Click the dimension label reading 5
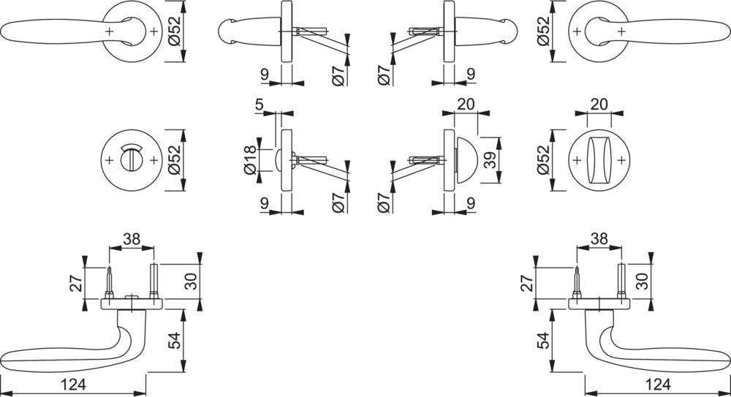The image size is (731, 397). click(x=260, y=104)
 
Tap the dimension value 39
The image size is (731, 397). click(x=490, y=160)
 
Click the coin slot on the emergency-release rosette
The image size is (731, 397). click(x=132, y=159)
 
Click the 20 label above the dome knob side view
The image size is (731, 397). click(x=466, y=104)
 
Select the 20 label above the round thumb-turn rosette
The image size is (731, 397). click(x=599, y=104)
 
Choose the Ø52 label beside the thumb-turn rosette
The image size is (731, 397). click(x=543, y=160)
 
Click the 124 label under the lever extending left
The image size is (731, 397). click(x=74, y=385)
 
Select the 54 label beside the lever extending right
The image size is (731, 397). click(x=544, y=341)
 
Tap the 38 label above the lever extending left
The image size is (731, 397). click(x=132, y=239)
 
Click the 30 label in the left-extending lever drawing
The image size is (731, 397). click(x=192, y=281)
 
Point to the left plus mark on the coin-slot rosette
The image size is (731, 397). click(x=110, y=160)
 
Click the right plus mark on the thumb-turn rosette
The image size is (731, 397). click(x=621, y=160)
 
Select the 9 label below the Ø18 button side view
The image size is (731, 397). click(x=265, y=203)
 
